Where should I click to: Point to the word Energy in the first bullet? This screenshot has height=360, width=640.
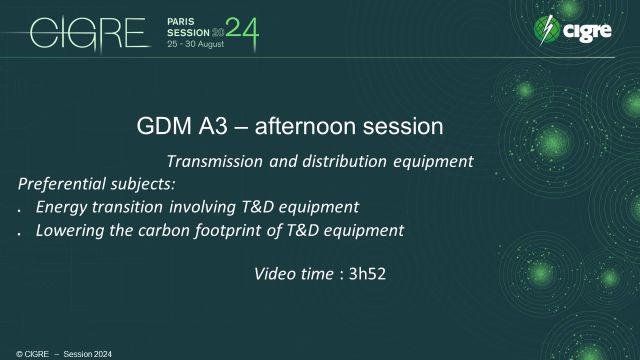[x=59, y=207]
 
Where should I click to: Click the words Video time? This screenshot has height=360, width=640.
[x=292, y=272]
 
